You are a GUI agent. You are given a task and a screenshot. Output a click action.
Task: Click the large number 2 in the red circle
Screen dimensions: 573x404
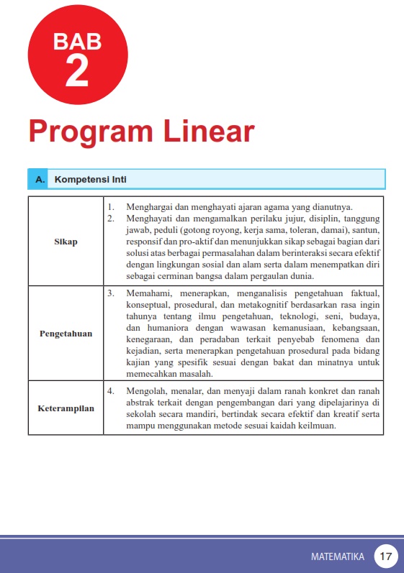pyautogui.click(x=77, y=69)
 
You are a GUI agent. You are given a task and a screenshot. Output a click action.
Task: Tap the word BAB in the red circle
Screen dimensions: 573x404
pyautogui.click(x=77, y=42)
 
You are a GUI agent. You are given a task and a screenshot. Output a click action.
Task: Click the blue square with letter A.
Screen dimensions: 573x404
pyautogui.click(x=37, y=179)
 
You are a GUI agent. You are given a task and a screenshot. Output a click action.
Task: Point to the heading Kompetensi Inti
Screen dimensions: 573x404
pyautogui.click(x=91, y=179)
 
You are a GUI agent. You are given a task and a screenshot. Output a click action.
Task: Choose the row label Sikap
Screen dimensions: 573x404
pyautogui.click(x=66, y=242)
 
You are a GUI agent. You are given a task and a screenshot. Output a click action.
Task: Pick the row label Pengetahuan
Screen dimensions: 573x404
pyautogui.click(x=66, y=334)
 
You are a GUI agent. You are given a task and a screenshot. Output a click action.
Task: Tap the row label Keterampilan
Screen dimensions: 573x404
pyautogui.click(x=66, y=408)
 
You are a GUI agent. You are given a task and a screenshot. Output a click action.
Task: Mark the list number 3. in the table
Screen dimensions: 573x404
pyautogui.click(x=111, y=294)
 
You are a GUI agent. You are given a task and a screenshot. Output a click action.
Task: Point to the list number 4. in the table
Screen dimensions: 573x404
pyautogui.click(x=111, y=391)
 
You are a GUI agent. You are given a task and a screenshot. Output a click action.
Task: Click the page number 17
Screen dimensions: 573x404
pyautogui.click(x=386, y=556)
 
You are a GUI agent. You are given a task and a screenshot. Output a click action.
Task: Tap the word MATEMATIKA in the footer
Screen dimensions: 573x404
pyautogui.click(x=338, y=556)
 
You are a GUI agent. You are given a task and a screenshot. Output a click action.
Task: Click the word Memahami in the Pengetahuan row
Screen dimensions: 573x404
pyautogui.click(x=148, y=294)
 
